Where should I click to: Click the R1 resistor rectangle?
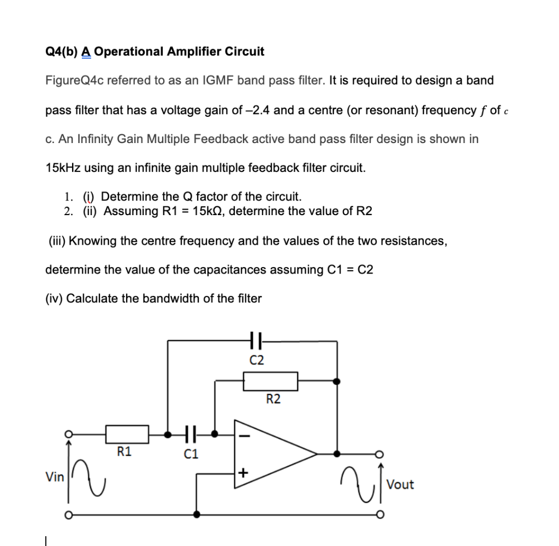[x=127, y=435]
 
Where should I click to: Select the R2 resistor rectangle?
[x=270, y=381]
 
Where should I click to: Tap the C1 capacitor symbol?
[x=191, y=435]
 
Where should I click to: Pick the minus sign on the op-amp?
[x=243, y=436]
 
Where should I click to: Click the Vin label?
[x=54, y=477]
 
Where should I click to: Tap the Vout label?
[x=400, y=485]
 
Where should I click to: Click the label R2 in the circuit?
[x=273, y=399]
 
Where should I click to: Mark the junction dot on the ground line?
[x=197, y=514]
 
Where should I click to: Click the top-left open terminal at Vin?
[x=68, y=435]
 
